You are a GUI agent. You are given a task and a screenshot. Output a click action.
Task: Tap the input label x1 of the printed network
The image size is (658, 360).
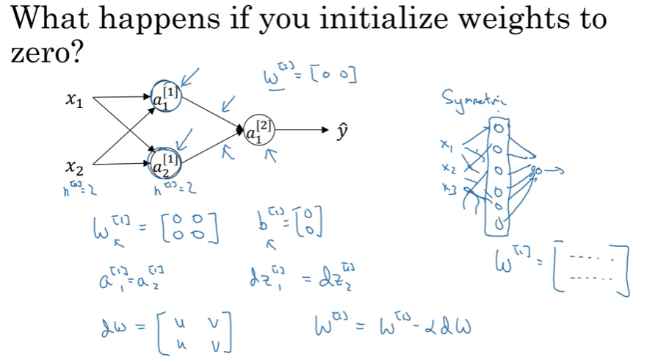coord(73,101)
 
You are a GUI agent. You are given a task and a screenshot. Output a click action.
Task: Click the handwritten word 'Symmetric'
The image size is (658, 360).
coord(474,99)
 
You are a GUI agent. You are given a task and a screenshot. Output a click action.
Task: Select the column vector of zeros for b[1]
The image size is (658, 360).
coord(309,220)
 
